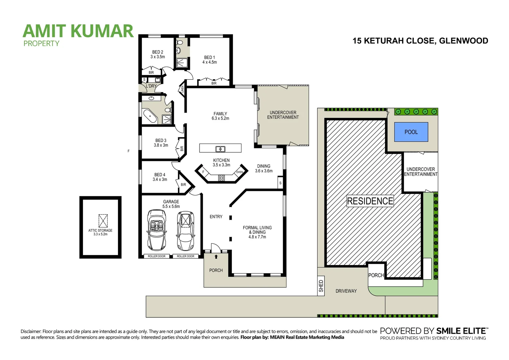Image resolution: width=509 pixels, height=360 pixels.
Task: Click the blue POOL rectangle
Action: click(411, 132)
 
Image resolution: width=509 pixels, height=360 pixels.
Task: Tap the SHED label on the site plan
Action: click(321, 286)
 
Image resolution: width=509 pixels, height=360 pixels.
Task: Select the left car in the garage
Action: click(157, 230)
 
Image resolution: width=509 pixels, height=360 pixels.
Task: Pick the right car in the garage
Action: click(186, 230)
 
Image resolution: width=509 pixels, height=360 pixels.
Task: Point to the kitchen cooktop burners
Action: click(222, 178)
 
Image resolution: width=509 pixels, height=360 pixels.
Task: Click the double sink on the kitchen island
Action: click(220, 149)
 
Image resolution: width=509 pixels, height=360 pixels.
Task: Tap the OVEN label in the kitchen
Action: click(240, 172)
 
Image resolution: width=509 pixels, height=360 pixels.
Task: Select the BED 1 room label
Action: click(210, 60)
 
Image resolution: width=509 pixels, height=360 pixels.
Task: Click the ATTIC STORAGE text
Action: click(100, 230)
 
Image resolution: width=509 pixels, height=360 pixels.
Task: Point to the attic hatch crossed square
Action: click(103, 220)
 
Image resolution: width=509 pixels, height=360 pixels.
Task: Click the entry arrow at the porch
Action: click(216, 257)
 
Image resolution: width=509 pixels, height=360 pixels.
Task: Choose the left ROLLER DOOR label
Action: click(157, 256)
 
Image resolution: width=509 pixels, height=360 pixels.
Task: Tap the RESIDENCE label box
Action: click(370, 201)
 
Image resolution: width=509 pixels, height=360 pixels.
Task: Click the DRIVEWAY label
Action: click(346, 291)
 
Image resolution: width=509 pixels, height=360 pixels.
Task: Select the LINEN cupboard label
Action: click(183, 89)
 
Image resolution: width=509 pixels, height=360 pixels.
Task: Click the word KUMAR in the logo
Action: click(102, 31)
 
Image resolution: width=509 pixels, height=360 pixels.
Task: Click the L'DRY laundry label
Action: click(151, 86)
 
